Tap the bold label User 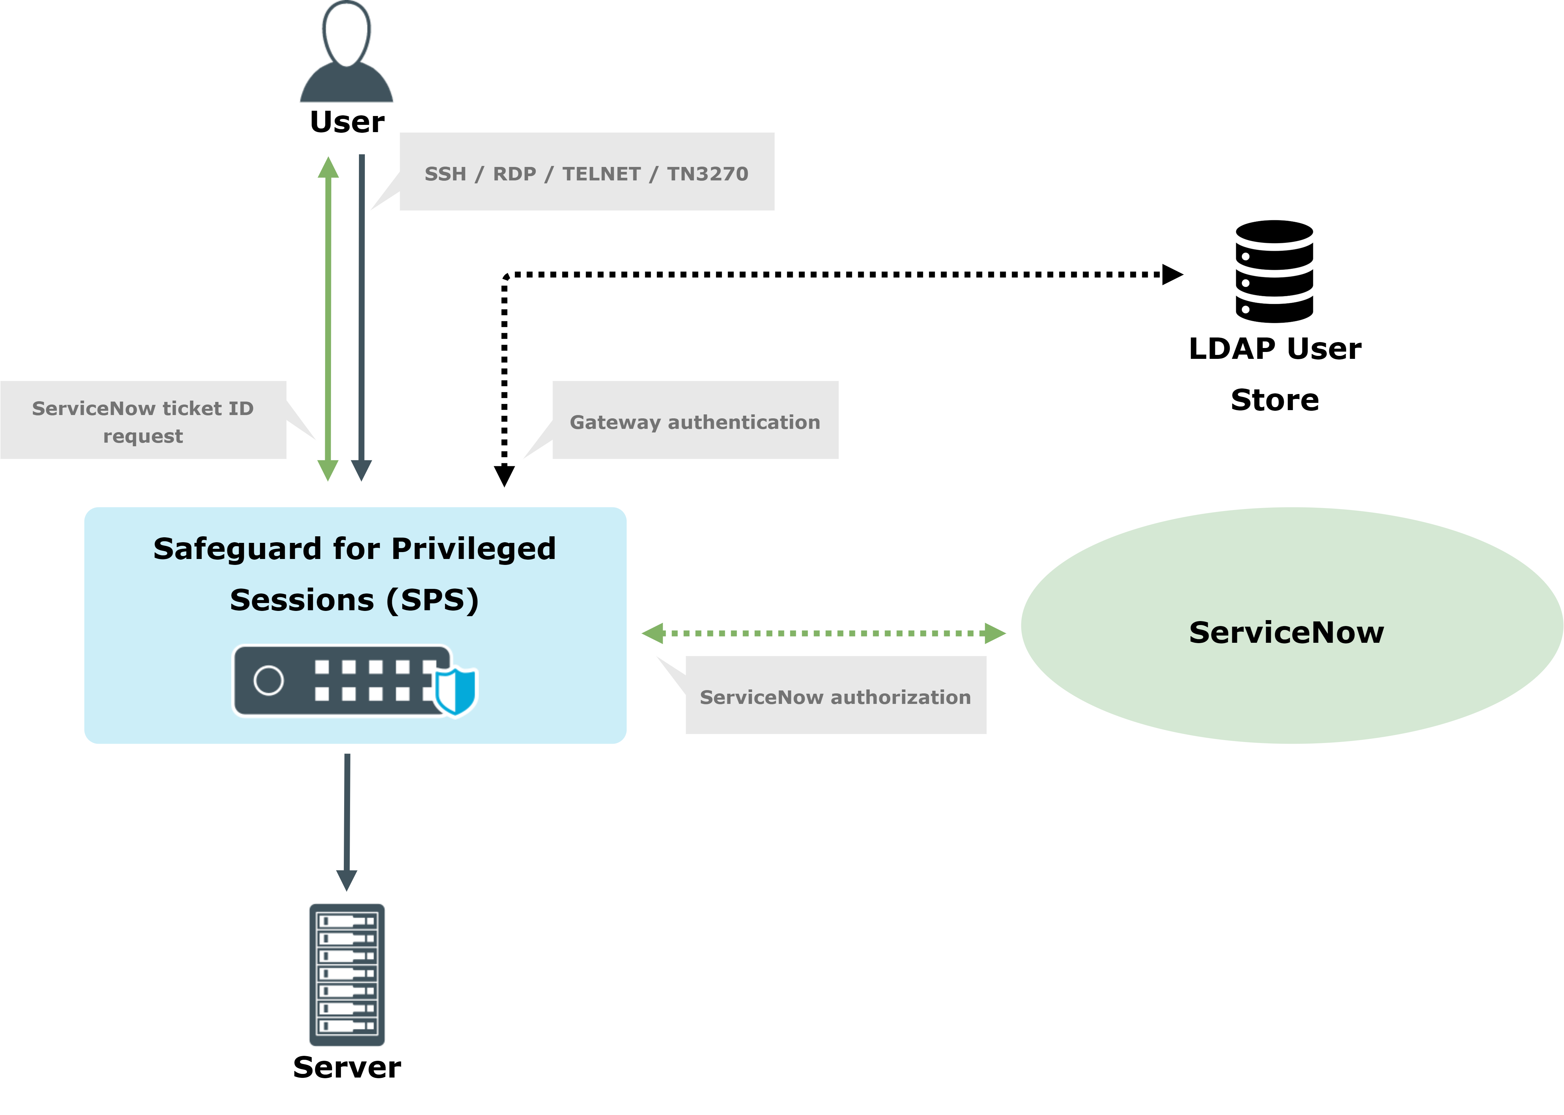pyautogui.click(x=347, y=122)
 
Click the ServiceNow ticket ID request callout pyautogui.click(x=143, y=422)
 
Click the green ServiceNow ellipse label pyautogui.click(x=1286, y=632)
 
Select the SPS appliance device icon pyautogui.click(x=343, y=680)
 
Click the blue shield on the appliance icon pyautogui.click(x=455, y=690)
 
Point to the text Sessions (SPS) pyautogui.click(x=354, y=600)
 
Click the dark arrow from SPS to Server pyautogui.click(x=347, y=817)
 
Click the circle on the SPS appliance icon pyautogui.click(x=269, y=680)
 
